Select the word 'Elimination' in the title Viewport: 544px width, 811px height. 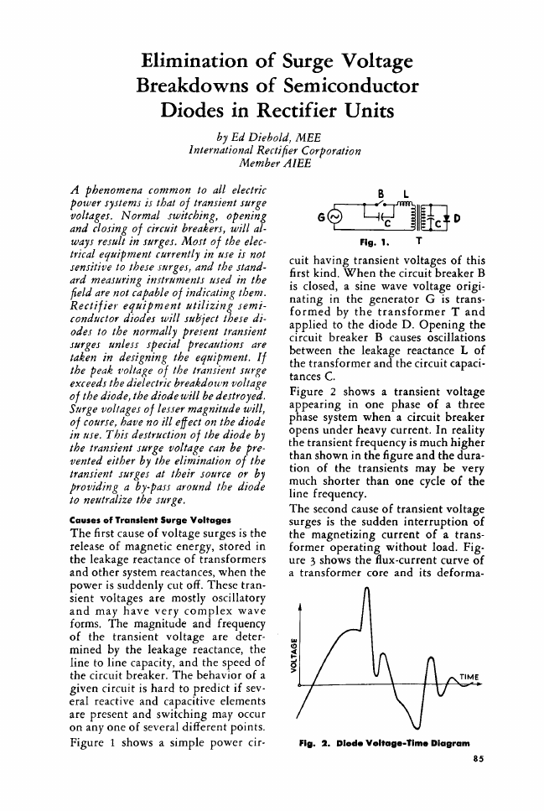[199, 60]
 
